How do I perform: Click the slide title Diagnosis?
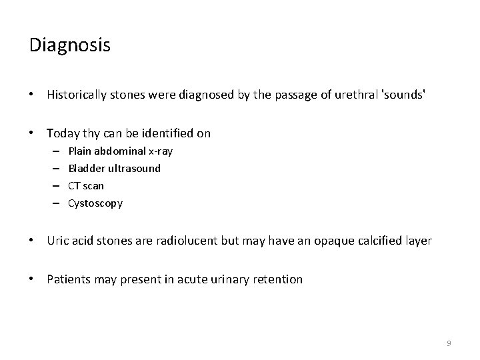(x=70, y=45)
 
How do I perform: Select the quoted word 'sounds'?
(x=403, y=95)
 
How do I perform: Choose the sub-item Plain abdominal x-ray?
(x=121, y=151)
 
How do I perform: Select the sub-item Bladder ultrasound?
(x=115, y=169)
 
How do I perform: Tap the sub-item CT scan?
(x=86, y=186)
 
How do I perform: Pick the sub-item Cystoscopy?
(x=95, y=203)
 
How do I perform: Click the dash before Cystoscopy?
(x=53, y=203)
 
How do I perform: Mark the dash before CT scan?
(x=53, y=186)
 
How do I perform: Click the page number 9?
(x=449, y=343)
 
